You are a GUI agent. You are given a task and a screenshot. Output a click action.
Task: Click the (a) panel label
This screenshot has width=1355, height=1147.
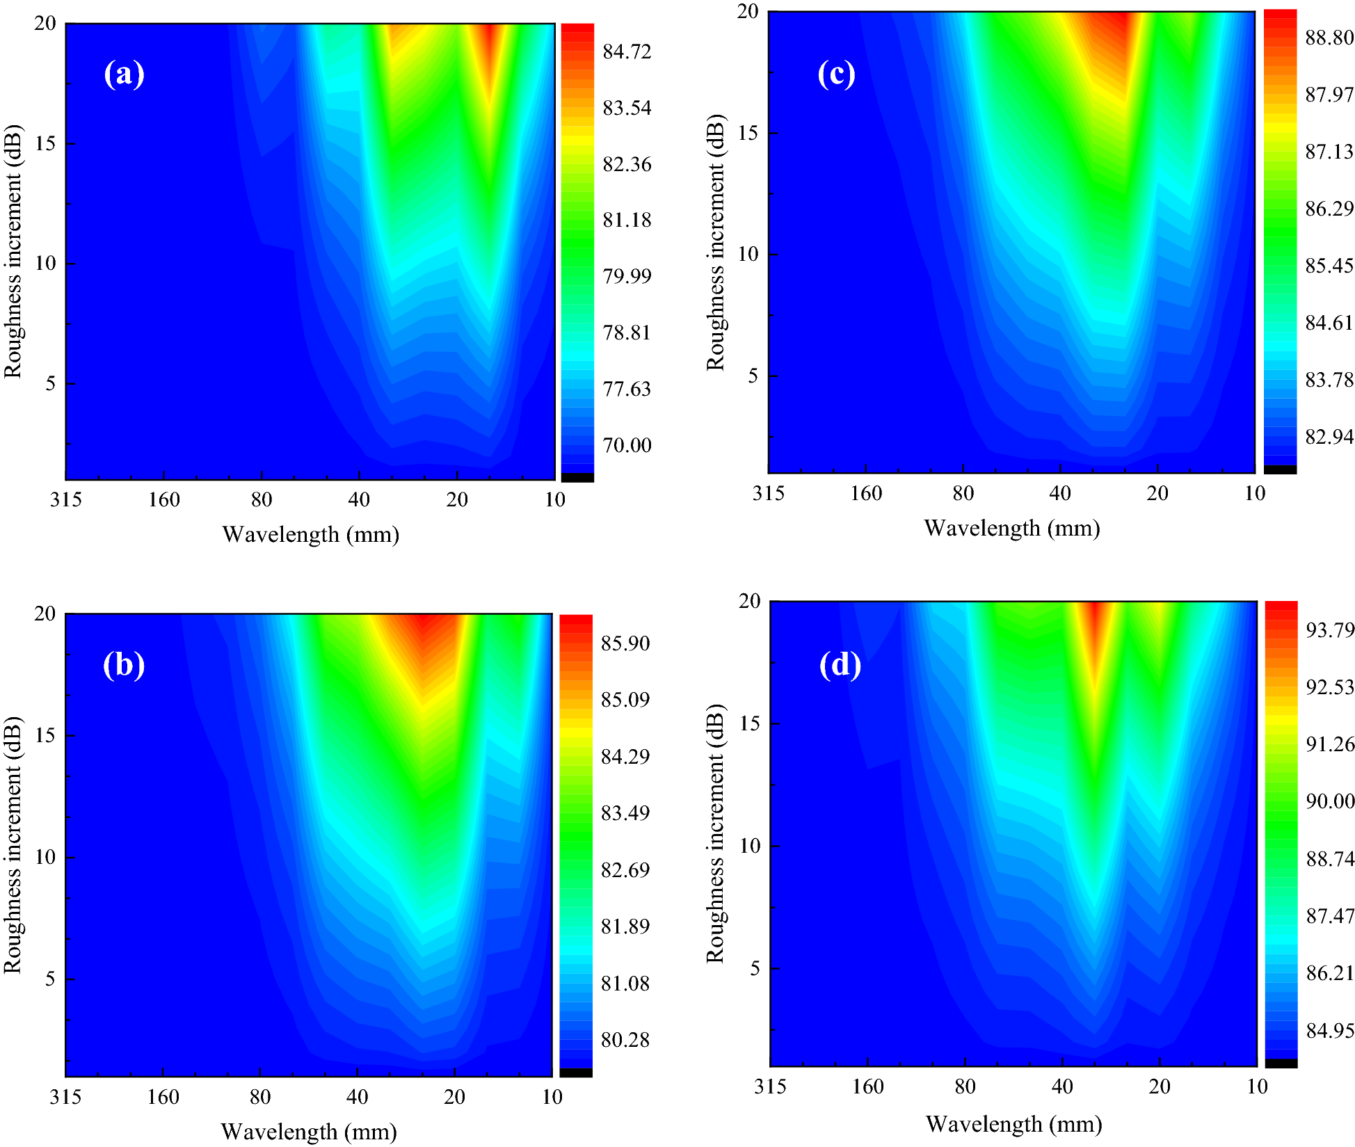(x=124, y=74)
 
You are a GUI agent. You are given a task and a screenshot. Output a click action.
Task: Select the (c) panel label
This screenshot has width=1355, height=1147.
(x=836, y=74)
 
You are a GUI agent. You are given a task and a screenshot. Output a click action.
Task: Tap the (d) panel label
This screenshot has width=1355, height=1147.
(x=840, y=665)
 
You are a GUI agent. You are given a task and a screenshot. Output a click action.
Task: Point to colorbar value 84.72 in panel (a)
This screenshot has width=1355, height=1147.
(x=627, y=51)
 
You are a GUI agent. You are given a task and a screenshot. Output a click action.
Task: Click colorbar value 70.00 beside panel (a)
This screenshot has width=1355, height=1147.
(x=627, y=445)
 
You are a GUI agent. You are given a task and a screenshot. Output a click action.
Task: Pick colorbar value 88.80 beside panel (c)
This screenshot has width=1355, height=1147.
(x=1329, y=38)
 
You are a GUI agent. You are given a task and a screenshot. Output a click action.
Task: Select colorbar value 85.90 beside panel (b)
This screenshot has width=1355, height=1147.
(x=625, y=643)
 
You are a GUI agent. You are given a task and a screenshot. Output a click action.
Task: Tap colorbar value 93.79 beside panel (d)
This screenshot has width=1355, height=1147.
(x=1330, y=630)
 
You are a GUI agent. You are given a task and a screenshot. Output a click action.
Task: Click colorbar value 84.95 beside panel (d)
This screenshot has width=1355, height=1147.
(x=1330, y=1030)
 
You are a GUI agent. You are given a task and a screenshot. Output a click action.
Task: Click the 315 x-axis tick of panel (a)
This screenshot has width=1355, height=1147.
(x=66, y=499)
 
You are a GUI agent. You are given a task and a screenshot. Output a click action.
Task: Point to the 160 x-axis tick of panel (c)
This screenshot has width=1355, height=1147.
(x=866, y=493)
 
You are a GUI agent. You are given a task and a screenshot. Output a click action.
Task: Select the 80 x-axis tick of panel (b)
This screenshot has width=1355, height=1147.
(x=260, y=1097)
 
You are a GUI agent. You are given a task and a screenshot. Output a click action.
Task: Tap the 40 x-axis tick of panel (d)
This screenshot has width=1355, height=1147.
(x=1062, y=1086)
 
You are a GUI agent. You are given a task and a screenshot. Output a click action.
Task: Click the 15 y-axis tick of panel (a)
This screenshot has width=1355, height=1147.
(x=45, y=144)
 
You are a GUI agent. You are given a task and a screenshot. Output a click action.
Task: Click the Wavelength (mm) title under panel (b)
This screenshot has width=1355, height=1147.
(x=309, y=1132)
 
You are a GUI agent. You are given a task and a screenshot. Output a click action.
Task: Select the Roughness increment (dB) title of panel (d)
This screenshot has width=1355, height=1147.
(x=715, y=833)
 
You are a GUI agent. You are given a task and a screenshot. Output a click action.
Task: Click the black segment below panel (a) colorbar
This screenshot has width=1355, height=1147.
(x=577, y=477)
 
